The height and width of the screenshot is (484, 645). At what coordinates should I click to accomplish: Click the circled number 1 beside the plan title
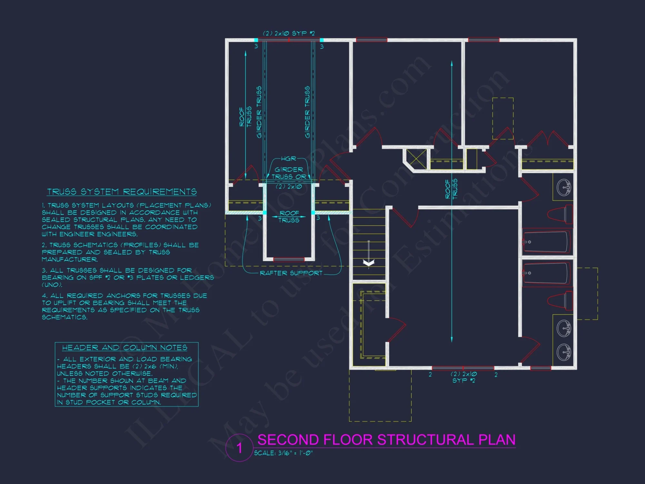tap(239, 448)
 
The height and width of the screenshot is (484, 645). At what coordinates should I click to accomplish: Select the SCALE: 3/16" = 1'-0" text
tap(283, 453)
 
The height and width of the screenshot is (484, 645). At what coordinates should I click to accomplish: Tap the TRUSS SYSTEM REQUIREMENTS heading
tap(122, 192)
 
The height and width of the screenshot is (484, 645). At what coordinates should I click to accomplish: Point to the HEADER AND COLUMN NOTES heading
tap(124, 348)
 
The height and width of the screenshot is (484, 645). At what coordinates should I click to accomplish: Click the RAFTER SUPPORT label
tap(291, 273)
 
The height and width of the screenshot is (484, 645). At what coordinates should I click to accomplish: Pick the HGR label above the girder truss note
tap(288, 159)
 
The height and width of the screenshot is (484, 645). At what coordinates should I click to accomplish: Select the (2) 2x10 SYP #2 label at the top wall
tap(289, 33)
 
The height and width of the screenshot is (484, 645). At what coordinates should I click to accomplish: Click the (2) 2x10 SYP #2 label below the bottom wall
tap(464, 377)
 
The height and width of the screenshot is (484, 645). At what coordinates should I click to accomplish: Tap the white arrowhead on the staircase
tap(369, 263)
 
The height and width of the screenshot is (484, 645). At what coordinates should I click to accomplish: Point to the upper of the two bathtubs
tap(546, 241)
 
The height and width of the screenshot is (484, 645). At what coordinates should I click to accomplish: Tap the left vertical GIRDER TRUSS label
tap(259, 112)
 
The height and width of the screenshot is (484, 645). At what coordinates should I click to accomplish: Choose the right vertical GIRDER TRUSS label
tap(307, 112)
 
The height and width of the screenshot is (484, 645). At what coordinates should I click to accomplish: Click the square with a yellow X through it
tap(416, 159)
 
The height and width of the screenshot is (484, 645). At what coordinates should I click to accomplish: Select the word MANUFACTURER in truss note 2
tap(70, 259)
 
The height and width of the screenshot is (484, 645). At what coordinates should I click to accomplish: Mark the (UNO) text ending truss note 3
tap(52, 285)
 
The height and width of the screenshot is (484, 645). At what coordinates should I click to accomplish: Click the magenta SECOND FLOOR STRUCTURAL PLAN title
tap(386, 440)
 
